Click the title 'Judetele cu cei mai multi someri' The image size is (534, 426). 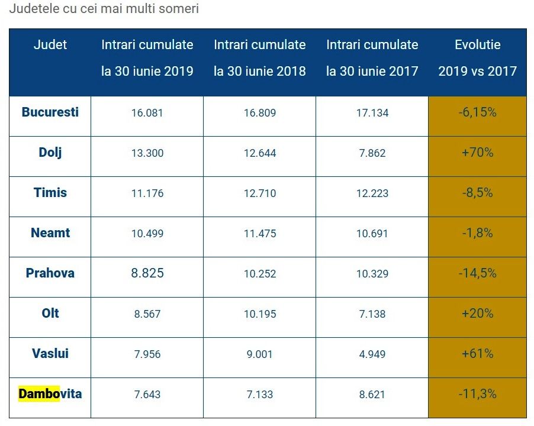coord(104,9)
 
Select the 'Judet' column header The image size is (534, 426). coord(50,44)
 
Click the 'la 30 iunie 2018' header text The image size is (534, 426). coord(259,72)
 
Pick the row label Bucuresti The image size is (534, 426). coord(50,112)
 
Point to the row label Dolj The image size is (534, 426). coord(50,152)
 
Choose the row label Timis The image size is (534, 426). coord(50,192)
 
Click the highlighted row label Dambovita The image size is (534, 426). coord(50,393)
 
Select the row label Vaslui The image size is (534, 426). coord(50,353)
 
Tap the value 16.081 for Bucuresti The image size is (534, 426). coord(147,113)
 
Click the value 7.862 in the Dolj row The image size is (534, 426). coord(372,153)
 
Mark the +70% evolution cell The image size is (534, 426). coord(477,153)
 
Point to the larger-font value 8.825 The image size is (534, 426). coord(147,273)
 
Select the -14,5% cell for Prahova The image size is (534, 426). coord(477,273)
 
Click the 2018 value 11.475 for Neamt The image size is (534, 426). coord(259,234)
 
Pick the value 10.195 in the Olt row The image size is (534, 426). coord(259,314)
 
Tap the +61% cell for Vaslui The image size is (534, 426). coord(477,354)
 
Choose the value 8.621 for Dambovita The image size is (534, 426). coord(372,395)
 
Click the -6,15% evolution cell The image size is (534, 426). coord(477,112)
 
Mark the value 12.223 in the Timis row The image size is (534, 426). coord(372,193)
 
